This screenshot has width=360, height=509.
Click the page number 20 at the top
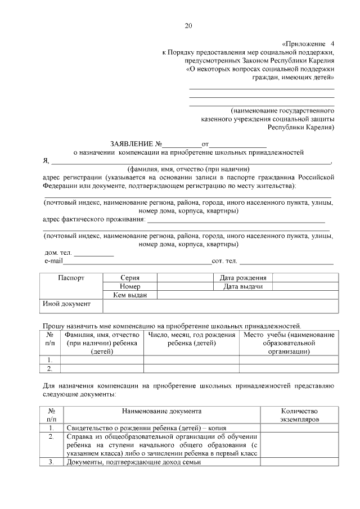tap(188, 25)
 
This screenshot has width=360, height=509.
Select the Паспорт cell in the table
tap(71, 278)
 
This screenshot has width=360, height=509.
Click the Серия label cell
tap(130, 278)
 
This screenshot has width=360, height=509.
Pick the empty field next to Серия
tap(184, 278)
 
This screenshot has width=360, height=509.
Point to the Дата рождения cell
tap(243, 278)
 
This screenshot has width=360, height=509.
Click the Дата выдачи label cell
tap(243, 286)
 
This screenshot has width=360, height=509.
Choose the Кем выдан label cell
tap(130, 295)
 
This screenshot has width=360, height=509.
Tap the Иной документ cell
tap(67, 304)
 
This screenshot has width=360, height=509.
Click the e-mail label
tap(53, 262)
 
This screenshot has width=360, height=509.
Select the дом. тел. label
tap(58, 253)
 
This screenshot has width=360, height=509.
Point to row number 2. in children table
tap(50, 368)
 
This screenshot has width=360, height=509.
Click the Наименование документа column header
tap(162, 412)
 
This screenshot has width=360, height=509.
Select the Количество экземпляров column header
tap(299, 416)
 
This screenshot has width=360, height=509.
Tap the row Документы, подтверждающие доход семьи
tap(134, 462)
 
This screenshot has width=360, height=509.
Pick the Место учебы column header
tap(289, 343)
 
